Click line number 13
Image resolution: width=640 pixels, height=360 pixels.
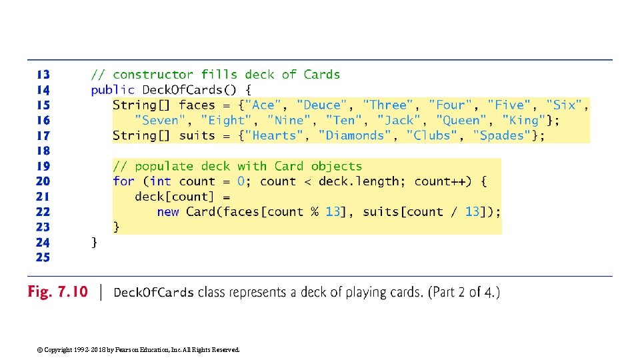click(43, 75)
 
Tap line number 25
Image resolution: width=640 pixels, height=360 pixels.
click(43, 257)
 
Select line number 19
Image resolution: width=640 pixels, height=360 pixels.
click(43, 166)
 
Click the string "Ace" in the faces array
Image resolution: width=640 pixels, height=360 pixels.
click(263, 105)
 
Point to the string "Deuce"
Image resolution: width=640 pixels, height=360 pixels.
click(322, 105)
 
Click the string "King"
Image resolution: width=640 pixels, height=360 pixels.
click(523, 120)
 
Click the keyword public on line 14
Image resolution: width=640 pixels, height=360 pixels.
click(113, 90)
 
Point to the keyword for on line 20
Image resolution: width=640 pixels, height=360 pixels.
click(123, 181)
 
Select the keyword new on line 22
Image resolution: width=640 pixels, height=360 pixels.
click(168, 212)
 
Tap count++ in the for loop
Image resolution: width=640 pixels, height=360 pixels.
click(440, 181)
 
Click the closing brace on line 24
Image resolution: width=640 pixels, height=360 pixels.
click(95, 242)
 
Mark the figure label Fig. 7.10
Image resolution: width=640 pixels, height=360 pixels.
click(57, 292)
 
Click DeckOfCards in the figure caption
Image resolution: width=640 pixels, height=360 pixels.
click(154, 293)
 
